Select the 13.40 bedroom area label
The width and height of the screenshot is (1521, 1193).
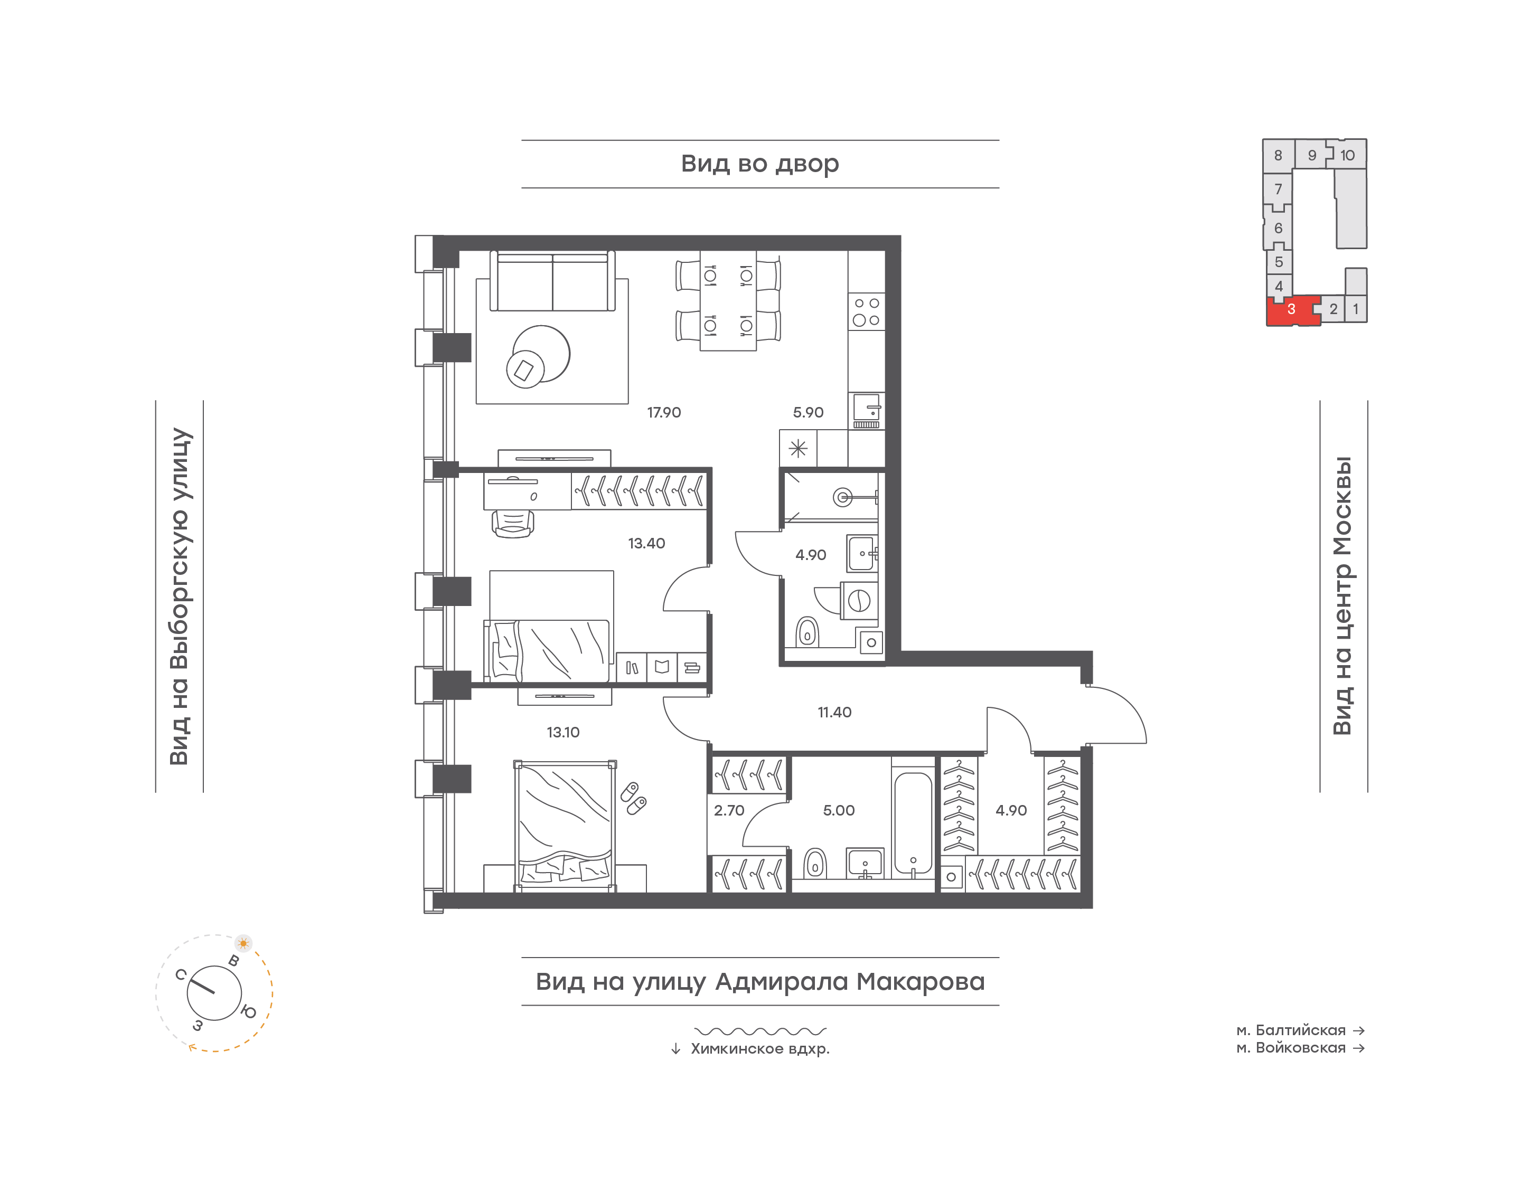(x=646, y=543)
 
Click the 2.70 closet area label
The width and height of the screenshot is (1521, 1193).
(x=729, y=810)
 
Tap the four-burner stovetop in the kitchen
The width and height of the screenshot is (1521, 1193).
(x=866, y=311)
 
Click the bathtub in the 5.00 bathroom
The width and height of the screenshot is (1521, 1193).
(x=913, y=823)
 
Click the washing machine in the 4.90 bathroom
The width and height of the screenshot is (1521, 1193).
(x=859, y=601)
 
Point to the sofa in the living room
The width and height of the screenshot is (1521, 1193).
(x=552, y=281)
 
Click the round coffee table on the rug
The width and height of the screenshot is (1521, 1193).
(x=541, y=354)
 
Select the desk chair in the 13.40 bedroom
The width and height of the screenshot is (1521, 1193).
(x=513, y=523)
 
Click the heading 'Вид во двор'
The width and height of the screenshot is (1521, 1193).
(x=760, y=164)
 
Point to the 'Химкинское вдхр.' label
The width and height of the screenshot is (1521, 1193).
(x=760, y=1048)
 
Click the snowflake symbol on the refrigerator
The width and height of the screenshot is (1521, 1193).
(x=798, y=448)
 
